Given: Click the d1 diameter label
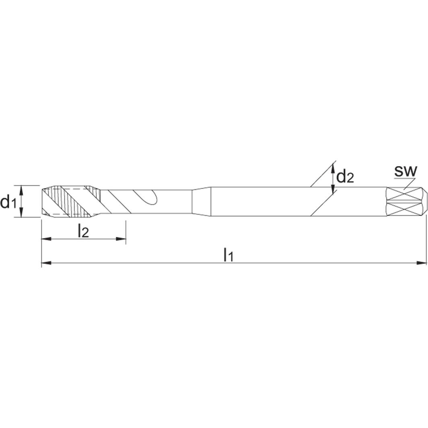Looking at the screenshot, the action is tap(8, 202).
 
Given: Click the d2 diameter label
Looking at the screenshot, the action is tap(345, 176).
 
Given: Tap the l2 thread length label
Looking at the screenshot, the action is tap(83, 231).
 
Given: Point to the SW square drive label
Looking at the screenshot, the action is tap(405, 171).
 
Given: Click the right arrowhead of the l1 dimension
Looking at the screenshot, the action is tap(421, 263).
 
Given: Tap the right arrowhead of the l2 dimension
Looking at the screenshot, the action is tap(121, 239).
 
